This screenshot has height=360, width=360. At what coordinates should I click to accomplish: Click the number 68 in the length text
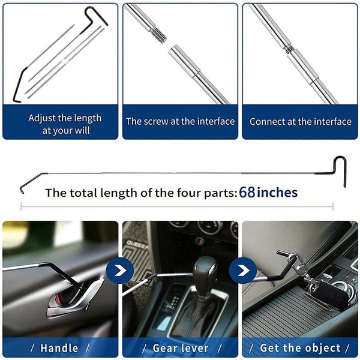coord(247,193)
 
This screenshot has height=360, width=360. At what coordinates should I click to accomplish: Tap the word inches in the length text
coord(277,193)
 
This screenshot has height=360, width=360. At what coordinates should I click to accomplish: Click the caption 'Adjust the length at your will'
coord(65,124)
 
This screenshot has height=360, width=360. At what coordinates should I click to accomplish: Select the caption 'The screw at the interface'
coord(180,121)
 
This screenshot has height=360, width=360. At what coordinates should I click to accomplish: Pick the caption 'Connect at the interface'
coord(301,121)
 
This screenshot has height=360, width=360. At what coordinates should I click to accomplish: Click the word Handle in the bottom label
coord(59,348)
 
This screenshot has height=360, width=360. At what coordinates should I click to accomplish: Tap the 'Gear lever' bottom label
coord(180,348)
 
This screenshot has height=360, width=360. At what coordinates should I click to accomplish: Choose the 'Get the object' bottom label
coord(300,348)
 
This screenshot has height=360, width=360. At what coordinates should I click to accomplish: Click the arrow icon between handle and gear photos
coord(120,271)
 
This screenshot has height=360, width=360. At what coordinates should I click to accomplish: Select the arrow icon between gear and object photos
coord(242,271)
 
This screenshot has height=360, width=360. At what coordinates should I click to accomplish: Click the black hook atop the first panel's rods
coord(96,14)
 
